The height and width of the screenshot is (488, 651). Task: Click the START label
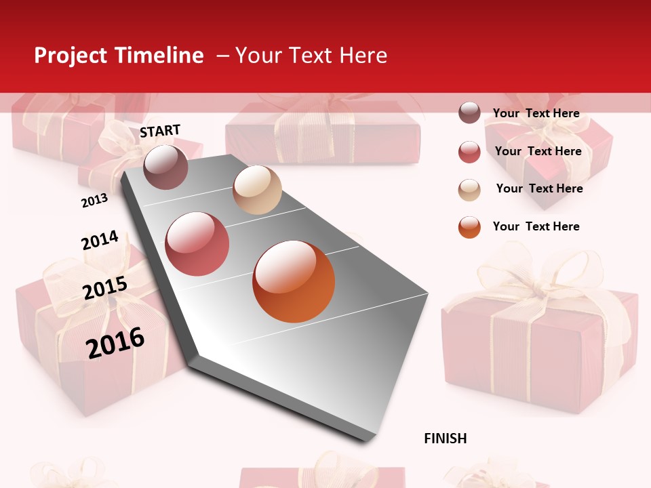(x=160, y=131)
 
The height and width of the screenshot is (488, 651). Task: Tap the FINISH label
(x=446, y=439)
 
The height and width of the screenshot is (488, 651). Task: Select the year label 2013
(x=94, y=200)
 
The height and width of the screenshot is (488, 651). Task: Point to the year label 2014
(x=100, y=240)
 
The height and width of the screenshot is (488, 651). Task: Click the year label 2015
(x=105, y=288)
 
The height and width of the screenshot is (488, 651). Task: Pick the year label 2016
(x=115, y=342)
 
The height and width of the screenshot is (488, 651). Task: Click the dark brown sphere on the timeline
(x=165, y=167)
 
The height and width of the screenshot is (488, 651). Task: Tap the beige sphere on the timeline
(x=257, y=190)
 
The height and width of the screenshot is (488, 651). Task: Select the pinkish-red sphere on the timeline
(x=197, y=244)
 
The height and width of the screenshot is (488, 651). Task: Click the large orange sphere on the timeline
(x=294, y=281)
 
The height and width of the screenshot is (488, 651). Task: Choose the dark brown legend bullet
(x=469, y=113)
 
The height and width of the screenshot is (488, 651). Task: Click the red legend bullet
(x=469, y=152)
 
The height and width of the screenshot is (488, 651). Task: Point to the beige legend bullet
(x=469, y=189)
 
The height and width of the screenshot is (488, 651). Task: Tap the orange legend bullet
(x=469, y=227)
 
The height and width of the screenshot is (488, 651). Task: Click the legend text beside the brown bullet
(x=536, y=113)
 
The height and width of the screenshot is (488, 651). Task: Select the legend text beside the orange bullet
(x=536, y=226)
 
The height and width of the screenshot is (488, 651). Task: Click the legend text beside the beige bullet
(x=539, y=188)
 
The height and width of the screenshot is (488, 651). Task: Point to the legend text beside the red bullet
(x=538, y=151)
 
